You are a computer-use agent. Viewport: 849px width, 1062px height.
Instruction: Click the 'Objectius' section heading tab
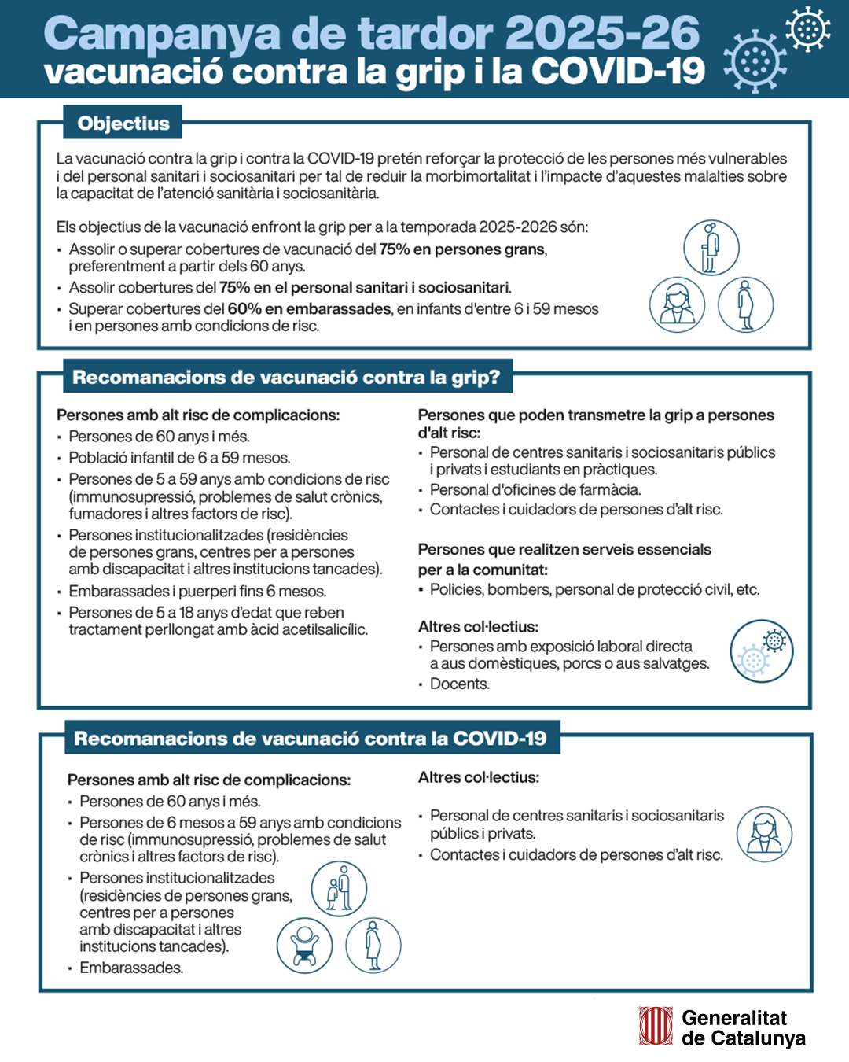click(123, 124)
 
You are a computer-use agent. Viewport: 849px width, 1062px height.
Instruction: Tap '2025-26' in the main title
click(602, 33)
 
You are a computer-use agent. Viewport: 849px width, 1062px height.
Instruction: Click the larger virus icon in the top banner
click(754, 61)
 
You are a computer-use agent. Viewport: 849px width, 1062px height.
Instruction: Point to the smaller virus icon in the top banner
click(807, 28)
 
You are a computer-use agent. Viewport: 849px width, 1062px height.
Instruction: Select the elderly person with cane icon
click(711, 248)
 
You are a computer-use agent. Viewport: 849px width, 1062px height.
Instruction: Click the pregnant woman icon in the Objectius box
click(745, 304)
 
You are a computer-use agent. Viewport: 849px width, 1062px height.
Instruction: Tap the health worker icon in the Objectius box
click(677, 304)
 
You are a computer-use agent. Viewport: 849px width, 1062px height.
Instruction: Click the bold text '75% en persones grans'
click(461, 249)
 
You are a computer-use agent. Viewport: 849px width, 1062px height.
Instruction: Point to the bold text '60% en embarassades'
click(309, 309)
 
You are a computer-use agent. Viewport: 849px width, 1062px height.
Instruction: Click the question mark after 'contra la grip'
click(494, 378)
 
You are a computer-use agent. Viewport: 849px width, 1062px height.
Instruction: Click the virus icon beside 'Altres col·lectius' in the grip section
click(761, 651)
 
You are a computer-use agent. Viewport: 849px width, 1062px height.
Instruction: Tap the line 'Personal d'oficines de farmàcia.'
click(535, 489)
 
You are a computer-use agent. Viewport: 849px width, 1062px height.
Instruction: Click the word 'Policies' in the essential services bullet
click(455, 589)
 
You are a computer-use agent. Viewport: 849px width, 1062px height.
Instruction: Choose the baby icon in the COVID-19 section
click(304, 945)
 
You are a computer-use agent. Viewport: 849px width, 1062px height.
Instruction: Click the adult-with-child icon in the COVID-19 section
click(339, 889)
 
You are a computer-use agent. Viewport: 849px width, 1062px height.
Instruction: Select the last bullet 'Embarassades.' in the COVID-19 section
click(130, 968)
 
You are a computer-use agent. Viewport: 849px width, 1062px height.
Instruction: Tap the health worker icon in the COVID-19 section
click(764, 834)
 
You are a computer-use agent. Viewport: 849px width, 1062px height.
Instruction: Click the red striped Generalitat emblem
click(656, 1027)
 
